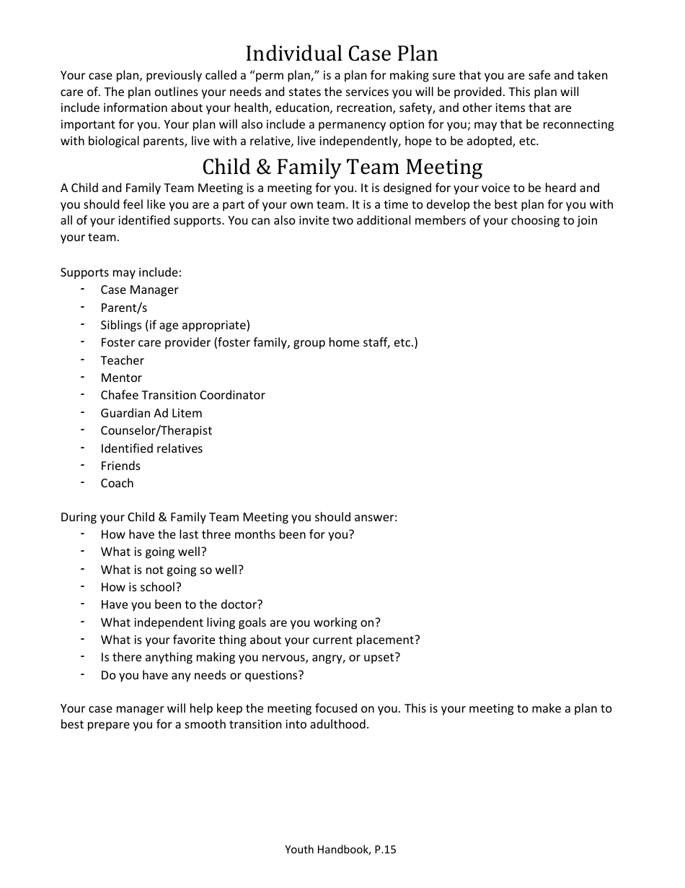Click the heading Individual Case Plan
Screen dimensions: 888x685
coord(342,53)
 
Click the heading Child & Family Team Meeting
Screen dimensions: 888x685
coord(342,167)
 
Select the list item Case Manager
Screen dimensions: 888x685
coord(139,290)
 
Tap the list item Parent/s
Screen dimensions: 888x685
coord(124,308)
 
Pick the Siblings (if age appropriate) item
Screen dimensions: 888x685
coord(175,325)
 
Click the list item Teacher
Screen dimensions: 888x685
coord(122,360)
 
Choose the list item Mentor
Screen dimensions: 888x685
coord(121,378)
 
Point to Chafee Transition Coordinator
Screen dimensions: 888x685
coord(182,396)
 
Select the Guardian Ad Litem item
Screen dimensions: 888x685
coord(151,413)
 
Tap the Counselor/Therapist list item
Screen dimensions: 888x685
coord(156,430)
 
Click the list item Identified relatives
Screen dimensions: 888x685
coord(151,448)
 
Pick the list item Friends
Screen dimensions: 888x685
coord(120,466)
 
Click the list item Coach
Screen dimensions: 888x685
coord(117,484)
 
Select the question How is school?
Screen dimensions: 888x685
coord(141,588)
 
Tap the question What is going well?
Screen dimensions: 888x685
coord(154,552)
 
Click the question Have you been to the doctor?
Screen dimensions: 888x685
coord(182,605)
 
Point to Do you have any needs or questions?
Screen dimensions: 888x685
coord(202,676)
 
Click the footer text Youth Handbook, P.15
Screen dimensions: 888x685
coord(340,850)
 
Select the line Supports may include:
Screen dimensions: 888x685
coord(121,273)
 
